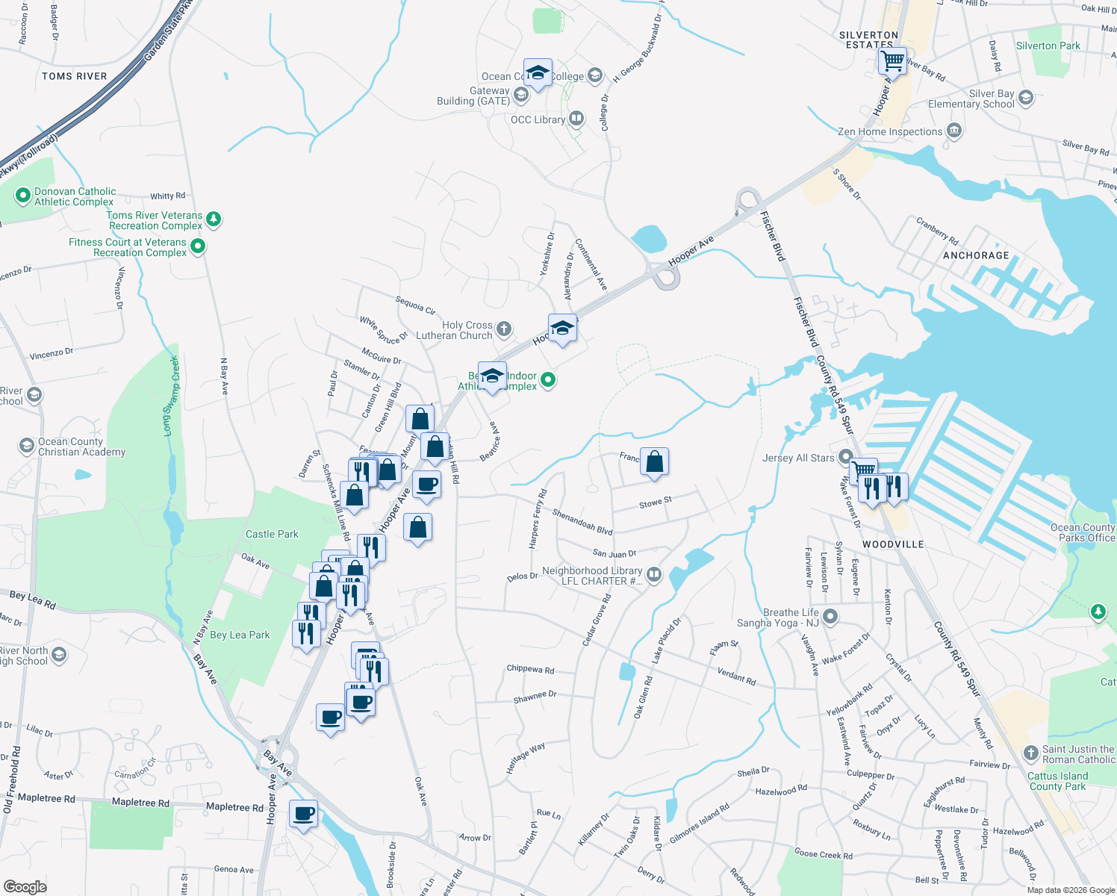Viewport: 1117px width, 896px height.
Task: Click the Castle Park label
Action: click(x=272, y=534)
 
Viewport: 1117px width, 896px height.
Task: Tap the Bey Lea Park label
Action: click(x=240, y=635)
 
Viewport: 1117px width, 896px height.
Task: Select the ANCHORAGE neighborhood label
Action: click(x=976, y=255)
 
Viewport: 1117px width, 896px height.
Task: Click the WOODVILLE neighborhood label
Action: click(x=893, y=544)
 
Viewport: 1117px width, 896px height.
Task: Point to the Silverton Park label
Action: click(x=1048, y=46)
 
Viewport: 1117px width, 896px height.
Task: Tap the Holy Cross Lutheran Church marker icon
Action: click(x=504, y=329)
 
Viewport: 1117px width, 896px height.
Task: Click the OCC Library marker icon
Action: click(x=576, y=119)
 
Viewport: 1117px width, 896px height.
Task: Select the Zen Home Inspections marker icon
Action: click(x=953, y=131)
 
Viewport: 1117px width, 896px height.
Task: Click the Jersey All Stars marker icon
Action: click(x=845, y=457)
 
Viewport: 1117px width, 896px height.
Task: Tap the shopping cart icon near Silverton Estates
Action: click(x=892, y=60)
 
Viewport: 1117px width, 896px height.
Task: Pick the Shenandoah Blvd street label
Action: click(x=582, y=522)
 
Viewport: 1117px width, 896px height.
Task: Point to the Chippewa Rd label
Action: click(x=530, y=669)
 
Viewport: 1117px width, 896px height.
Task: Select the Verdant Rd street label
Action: click(x=736, y=677)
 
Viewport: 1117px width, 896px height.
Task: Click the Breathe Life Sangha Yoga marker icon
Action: click(x=830, y=617)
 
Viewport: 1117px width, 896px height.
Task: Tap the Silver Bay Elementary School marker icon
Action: click(x=1025, y=98)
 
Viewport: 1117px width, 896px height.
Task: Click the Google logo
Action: click(x=25, y=886)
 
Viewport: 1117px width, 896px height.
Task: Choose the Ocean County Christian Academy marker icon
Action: click(x=27, y=447)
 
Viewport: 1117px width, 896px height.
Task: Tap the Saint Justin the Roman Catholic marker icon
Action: click(x=1031, y=753)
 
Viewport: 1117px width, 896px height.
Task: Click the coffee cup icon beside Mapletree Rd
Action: click(x=303, y=813)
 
